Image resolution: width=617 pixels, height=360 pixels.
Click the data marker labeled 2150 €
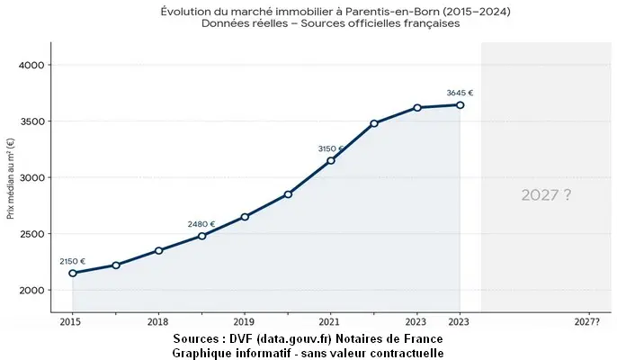[73, 273]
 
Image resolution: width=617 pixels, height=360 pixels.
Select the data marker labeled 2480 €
[201, 236]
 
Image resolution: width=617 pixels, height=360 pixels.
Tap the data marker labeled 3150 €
[331, 160]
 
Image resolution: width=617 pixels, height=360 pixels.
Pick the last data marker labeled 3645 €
[460, 104]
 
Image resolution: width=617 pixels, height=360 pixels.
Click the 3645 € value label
[460, 92]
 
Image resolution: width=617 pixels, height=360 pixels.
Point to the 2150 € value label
[73, 261]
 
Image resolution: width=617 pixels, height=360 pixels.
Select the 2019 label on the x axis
[244, 320]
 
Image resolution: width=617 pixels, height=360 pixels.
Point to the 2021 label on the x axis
[330, 320]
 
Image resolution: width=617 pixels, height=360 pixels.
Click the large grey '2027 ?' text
[546, 194]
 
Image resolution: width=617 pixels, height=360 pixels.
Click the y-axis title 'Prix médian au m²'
[10, 178]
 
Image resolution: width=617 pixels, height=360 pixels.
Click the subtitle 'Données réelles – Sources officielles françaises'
[331, 23]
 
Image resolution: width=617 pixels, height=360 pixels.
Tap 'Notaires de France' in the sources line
[388, 338]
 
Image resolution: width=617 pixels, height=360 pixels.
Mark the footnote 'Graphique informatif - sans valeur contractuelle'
[308, 352]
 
